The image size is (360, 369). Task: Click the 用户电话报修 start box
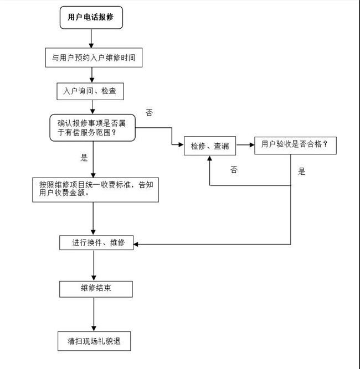[91, 17]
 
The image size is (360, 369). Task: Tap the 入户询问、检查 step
[90, 91]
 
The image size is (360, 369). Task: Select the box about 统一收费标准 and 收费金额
[96, 190]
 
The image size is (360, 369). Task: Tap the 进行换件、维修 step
[96, 243]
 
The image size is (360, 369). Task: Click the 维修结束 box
[96, 288]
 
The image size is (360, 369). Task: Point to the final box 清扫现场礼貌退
[95, 341]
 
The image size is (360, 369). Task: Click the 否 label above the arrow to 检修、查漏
[149, 112]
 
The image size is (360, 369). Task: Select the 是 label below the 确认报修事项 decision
[84, 158]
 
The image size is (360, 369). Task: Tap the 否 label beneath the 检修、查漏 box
[234, 170]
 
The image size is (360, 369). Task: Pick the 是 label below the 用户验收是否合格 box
[302, 171]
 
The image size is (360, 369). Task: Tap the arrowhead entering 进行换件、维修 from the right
[137, 244]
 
